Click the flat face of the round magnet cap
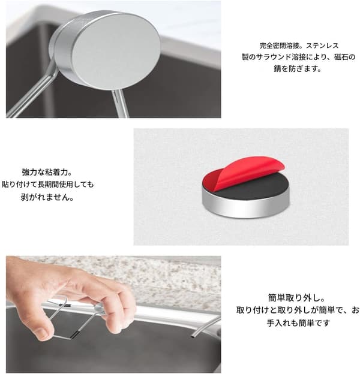(116, 51)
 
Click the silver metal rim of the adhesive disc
(246, 207)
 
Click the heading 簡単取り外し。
(296, 298)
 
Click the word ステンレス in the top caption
(323, 46)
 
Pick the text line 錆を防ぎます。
(298, 69)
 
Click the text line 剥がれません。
(47, 197)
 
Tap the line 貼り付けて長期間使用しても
(48, 185)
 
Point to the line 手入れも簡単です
(298, 323)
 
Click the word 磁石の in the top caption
(345, 57)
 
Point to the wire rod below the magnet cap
(121, 104)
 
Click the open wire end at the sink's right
(193, 337)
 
